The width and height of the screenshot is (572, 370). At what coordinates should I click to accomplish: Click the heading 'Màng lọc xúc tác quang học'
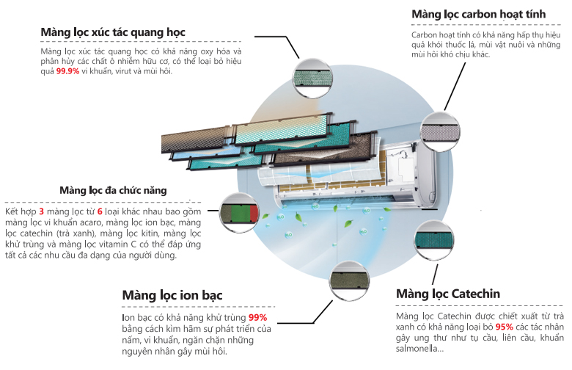coord(112,32)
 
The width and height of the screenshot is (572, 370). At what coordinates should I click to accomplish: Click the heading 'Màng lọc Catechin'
coord(447,294)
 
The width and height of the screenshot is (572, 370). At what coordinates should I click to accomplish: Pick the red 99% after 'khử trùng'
coord(258,317)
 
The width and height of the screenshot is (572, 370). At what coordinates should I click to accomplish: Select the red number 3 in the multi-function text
coord(41,211)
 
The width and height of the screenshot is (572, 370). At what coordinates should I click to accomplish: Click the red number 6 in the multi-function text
coord(99,211)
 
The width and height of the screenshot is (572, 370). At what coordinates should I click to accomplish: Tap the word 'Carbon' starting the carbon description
coord(425,35)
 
